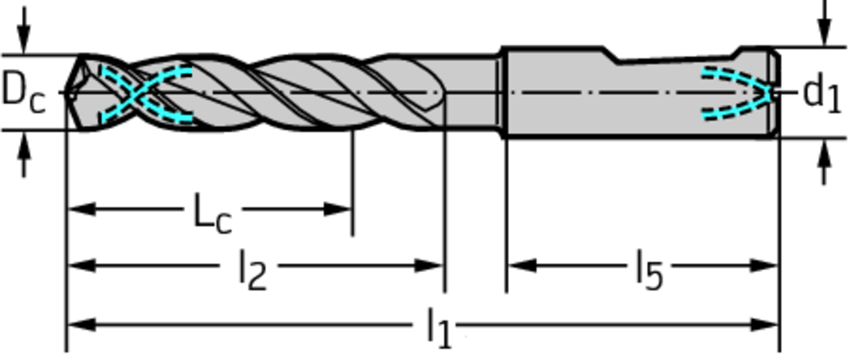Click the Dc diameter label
click(x=24, y=91)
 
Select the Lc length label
click(x=213, y=214)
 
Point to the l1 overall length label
click(x=439, y=328)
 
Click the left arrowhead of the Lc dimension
click(x=81, y=209)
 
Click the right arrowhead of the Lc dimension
click(x=338, y=209)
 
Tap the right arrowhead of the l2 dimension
click(x=430, y=265)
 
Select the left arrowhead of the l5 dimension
click(x=522, y=265)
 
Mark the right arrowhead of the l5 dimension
click(x=764, y=265)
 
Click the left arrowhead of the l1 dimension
click(x=81, y=325)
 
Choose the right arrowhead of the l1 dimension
click(x=764, y=325)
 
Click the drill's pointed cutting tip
click(x=65, y=93)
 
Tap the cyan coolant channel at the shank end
click(x=737, y=93)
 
